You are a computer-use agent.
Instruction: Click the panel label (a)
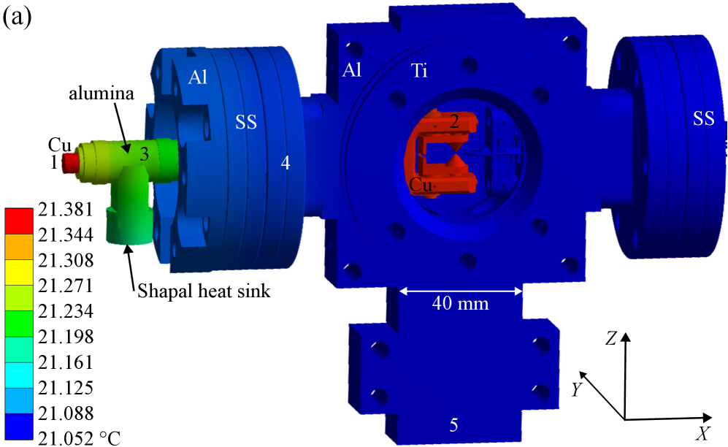(18, 18)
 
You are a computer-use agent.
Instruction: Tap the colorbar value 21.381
(66, 210)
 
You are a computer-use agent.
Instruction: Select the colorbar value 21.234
(66, 311)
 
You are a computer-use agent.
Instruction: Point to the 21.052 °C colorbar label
(80, 438)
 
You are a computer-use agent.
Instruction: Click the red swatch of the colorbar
(19, 221)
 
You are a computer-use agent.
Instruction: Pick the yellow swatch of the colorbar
(19, 272)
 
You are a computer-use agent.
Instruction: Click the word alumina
(101, 93)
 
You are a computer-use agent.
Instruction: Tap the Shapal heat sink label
(204, 291)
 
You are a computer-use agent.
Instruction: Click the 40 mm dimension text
(460, 304)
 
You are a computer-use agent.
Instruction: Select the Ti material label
(419, 71)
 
